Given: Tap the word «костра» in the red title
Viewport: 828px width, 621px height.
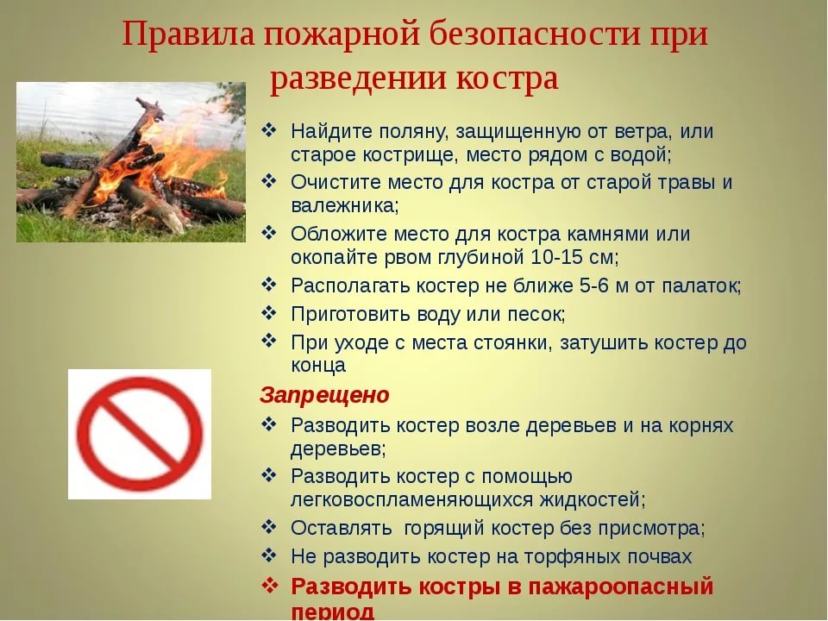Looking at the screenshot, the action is pyautogui.click(x=507, y=79).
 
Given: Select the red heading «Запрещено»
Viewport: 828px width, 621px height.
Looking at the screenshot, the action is pyautogui.click(x=324, y=396).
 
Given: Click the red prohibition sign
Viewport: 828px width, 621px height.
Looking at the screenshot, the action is pyautogui.click(x=140, y=434).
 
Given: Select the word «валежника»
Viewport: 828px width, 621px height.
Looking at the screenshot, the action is pyautogui.click(x=344, y=205).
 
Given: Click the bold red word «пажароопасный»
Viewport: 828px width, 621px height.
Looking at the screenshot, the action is pyautogui.click(x=622, y=586).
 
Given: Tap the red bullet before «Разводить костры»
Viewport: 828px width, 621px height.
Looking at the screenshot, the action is pyautogui.click(x=269, y=585).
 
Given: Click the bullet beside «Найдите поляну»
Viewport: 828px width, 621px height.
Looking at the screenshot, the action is pyautogui.click(x=269, y=130).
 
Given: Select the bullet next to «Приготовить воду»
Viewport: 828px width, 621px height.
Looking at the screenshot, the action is pyautogui.click(x=269, y=313).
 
